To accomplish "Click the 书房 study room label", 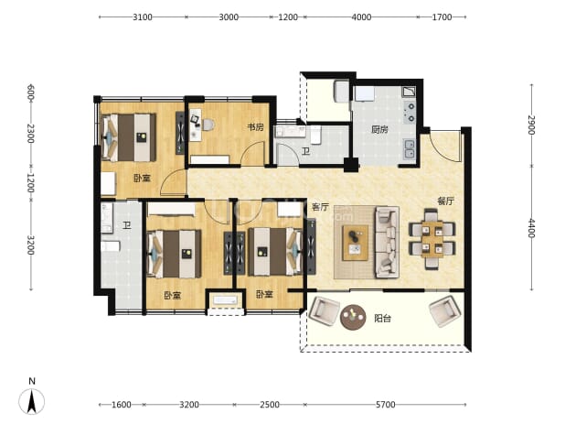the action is pos(255,127).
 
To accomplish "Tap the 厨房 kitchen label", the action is pos(379,129).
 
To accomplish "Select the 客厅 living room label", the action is pos(320,207).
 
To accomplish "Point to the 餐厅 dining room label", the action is pos(445,201).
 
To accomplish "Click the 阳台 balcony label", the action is pos(382,319).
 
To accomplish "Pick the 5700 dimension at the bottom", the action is pos(385,405).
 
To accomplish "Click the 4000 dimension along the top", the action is pos(361,17).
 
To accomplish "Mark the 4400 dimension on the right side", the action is pos(531,228).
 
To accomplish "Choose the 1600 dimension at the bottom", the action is pos(121,405).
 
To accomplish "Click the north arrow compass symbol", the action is pos(32,401).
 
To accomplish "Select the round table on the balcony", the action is pos(353,318).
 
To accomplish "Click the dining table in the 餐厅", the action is pos(432,239).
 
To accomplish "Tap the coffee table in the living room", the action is pos(356,243).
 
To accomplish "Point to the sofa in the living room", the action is pos(387,242).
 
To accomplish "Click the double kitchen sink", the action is pos(410,149).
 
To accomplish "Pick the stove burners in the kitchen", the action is pos(410,112).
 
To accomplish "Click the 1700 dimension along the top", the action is pos(442,17).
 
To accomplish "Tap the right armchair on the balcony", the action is pos(444,311).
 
